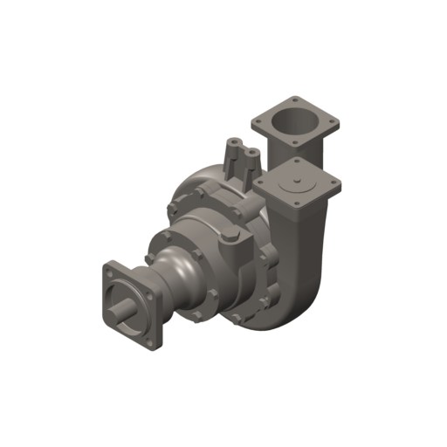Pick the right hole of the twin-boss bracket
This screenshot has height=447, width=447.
252,151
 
